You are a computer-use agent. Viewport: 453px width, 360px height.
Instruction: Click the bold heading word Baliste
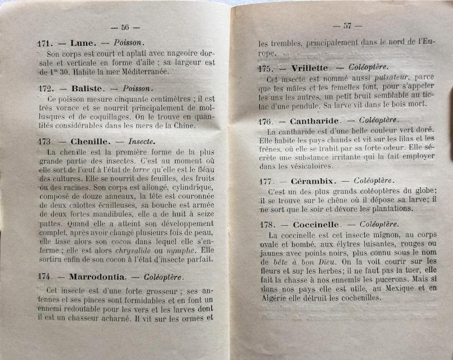point(88,89)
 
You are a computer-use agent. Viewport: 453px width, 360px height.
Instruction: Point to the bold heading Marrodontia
point(98,277)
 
